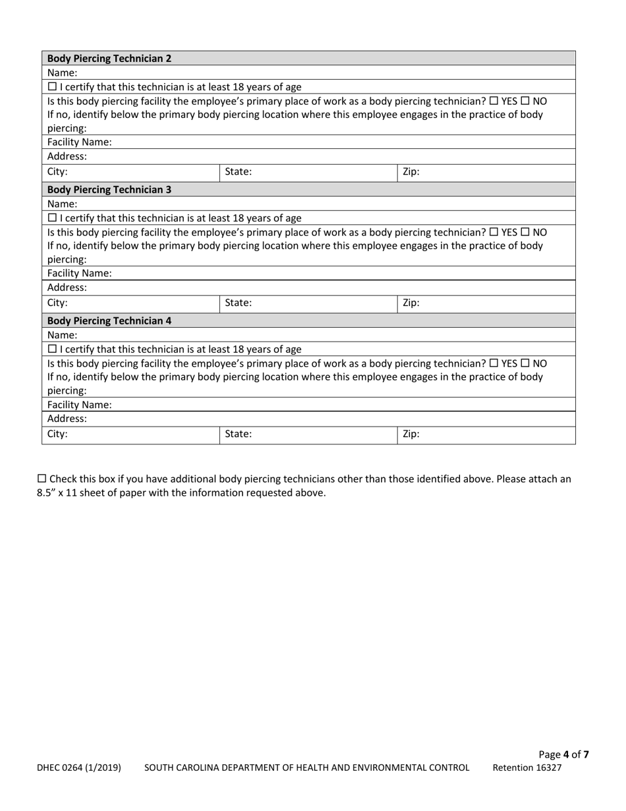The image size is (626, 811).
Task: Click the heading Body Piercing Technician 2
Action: tap(109, 58)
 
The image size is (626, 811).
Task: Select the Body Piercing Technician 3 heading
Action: tap(109, 189)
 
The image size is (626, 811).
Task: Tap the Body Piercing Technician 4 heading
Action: tap(109, 320)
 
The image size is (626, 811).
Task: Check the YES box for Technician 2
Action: tap(494, 102)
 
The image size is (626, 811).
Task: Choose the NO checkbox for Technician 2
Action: tap(525, 102)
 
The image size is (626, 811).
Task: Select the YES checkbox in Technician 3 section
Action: tap(494, 233)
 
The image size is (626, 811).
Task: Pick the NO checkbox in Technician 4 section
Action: tap(525, 363)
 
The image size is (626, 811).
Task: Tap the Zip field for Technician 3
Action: tap(486, 304)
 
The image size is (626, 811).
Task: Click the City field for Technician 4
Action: tap(130, 435)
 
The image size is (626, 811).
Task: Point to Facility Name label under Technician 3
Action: tap(79, 273)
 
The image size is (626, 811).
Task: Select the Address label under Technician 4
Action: tap(67, 419)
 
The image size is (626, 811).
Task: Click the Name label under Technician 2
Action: tap(62, 73)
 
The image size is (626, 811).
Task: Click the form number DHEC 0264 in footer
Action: tap(78, 767)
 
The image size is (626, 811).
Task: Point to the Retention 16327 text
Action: tap(527, 767)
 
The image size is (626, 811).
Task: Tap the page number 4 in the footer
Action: tap(566, 755)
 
